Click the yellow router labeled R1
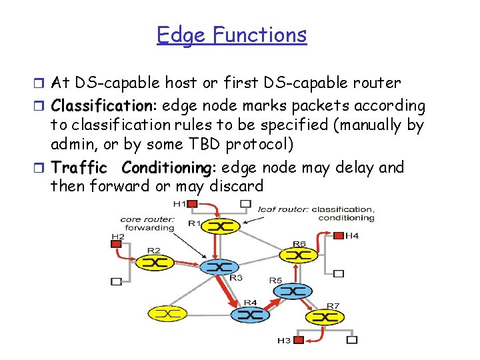coord(221,227)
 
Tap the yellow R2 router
coord(154,262)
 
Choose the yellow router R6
coord(298,254)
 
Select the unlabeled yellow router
coord(167,313)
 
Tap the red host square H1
coord(193,203)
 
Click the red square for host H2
coord(117,245)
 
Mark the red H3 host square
coord(299,340)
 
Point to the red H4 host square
coord(338,235)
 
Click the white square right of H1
coord(245,203)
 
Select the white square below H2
coord(117,281)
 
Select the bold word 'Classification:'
coord(104,106)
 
